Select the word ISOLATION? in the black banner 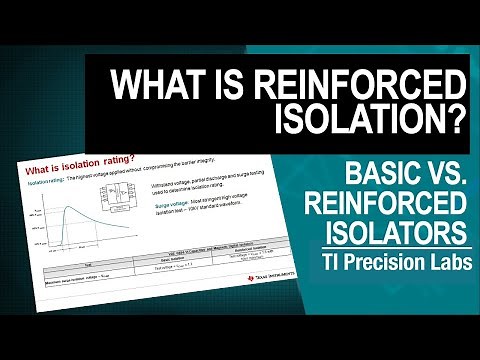tap(369, 122)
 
